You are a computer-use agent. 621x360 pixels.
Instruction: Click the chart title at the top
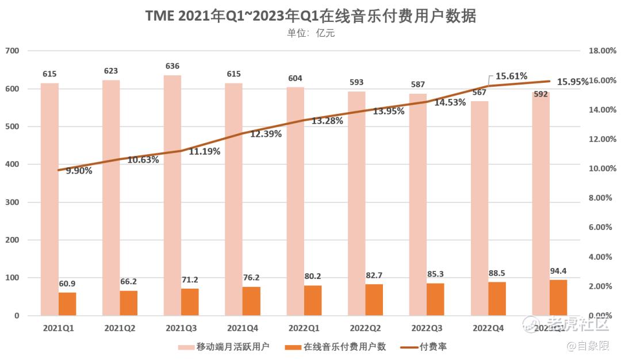pyautogui.click(x=310, y=16)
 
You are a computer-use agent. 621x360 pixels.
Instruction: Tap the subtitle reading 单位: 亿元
pyautogui.click(x=310, y=33)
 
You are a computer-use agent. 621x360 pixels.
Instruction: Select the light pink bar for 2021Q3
pyautogui.click(x=172, y=196)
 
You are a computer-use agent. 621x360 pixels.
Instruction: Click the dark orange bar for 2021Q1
pyautogui.click(x=67, y=304)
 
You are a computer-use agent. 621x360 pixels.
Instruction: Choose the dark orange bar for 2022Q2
pyautogui.click(x=374, y=300)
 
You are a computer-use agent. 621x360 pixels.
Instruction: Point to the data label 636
pyautogui.click(x=172, y=66)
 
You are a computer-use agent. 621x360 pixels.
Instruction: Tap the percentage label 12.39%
pyautogui.click(x=266, y=134)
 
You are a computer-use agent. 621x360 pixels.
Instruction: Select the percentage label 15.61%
pyautogui.click(x=511, y=76)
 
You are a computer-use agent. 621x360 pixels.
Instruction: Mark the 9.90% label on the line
pyautogui.click(x=79, y=170)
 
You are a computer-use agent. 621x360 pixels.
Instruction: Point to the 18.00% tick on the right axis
pyautogui.click(x=603, y=51)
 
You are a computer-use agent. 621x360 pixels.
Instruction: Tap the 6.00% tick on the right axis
pyautogui.click(x=603, y=227)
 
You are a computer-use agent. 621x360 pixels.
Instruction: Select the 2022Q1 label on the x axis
pyautogui.click(x=304, y=328)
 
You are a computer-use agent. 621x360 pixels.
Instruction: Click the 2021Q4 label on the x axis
pyautogui.click(x=243, y=328)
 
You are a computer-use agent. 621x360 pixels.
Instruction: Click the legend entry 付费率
pyautogui.click(x=433, y=347)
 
